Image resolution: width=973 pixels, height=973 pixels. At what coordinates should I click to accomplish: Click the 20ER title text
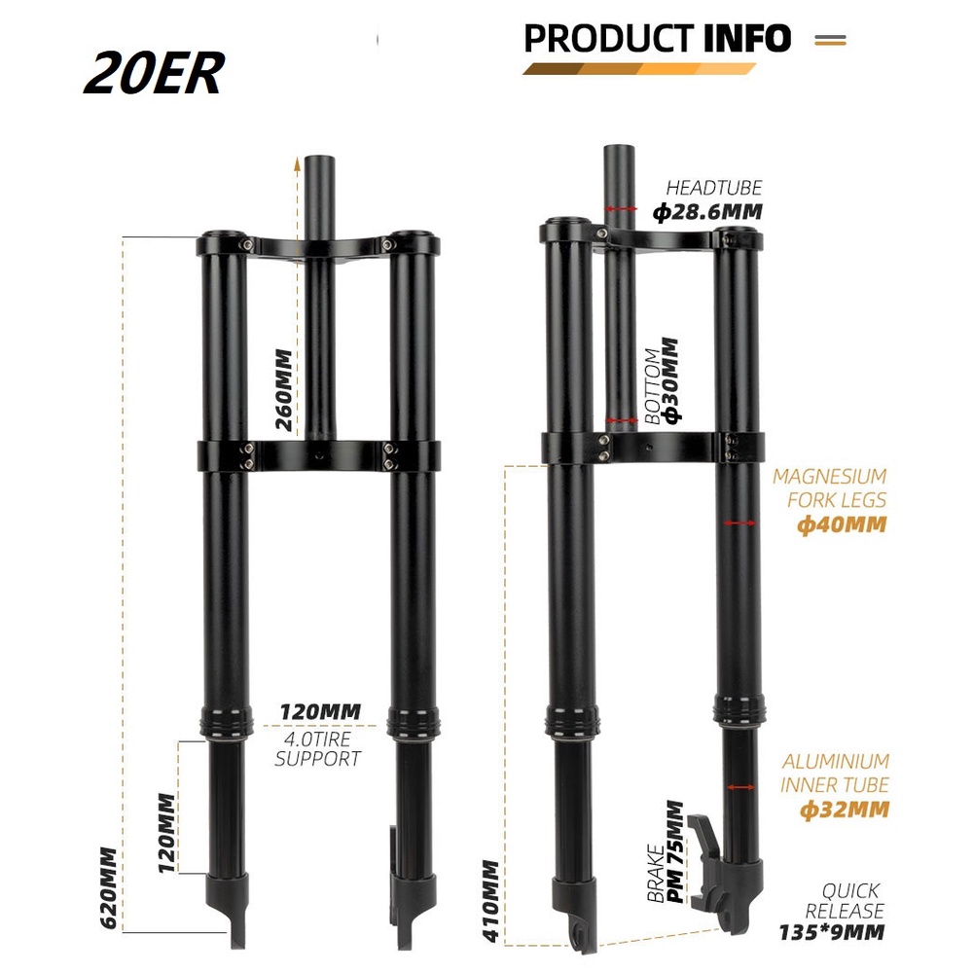pyautogui.click(x=154, y=74)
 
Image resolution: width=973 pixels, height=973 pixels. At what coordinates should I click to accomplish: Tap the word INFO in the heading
pyautogui.click(x=746, y=39)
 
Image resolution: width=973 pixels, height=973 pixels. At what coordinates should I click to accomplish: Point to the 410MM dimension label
pyautogui.click(x=490, y=901)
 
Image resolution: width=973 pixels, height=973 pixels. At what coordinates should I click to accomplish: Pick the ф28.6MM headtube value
pyautogui.click(x=707, y=211)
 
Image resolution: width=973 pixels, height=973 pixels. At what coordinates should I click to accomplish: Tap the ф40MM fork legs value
pyautogui.click(x=843, y=524)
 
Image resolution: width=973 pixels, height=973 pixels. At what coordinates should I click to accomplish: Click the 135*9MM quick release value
pyautogui.click(x=832, y=932)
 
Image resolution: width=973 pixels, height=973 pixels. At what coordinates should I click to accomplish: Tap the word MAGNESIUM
pyautogui.click(x=829, y=477)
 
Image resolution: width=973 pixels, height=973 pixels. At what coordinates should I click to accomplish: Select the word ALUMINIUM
pyautogui.click(x=836, y=761)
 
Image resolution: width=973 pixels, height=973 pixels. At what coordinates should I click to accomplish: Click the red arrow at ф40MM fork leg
pyautogui.click(x=740, y=523)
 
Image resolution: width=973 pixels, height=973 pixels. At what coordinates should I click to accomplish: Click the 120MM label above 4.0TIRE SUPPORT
pyautogui.click(x=319, y=712)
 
